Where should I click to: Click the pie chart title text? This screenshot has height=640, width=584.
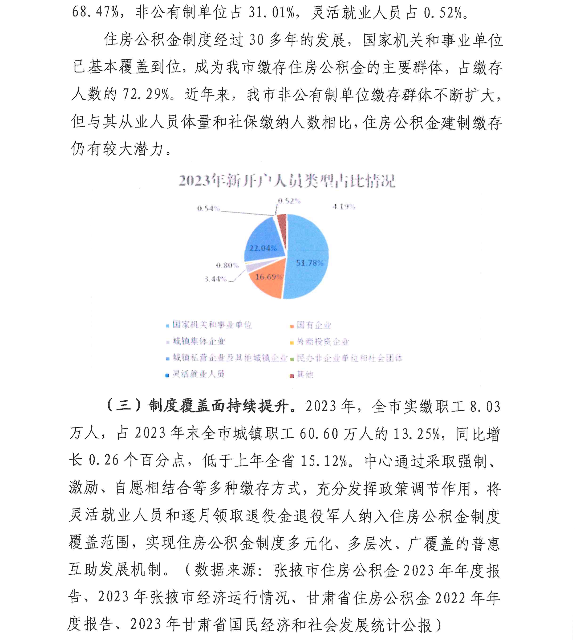[287, 181]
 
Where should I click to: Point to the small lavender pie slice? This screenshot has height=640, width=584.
[251, 267]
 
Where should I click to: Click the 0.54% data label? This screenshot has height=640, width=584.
[208, 208]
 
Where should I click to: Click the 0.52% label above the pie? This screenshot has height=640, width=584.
[289, 201]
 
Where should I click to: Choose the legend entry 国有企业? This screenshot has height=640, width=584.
[313, 325]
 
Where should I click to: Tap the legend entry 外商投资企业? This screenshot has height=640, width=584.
[323, 342]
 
